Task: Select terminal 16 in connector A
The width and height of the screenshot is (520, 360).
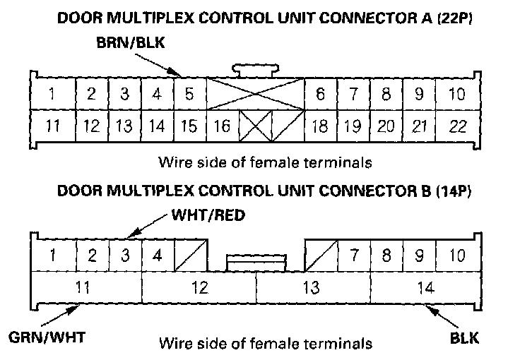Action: point(222,127)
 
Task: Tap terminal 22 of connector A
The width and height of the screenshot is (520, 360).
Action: point(458,127)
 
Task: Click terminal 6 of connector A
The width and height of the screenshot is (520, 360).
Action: point(320,94)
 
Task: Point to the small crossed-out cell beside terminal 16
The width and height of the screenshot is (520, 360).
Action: point(255,127)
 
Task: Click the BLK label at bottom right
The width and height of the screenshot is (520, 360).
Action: point(464,337)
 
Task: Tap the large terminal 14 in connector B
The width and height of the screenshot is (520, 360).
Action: point(424,287)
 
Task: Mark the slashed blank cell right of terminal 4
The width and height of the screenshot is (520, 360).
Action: point(192,255)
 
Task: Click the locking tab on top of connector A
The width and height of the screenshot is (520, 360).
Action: point(255,69)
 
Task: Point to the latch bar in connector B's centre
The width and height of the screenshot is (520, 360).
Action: point(256,263)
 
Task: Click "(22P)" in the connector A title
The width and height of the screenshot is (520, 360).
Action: point(452,19)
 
